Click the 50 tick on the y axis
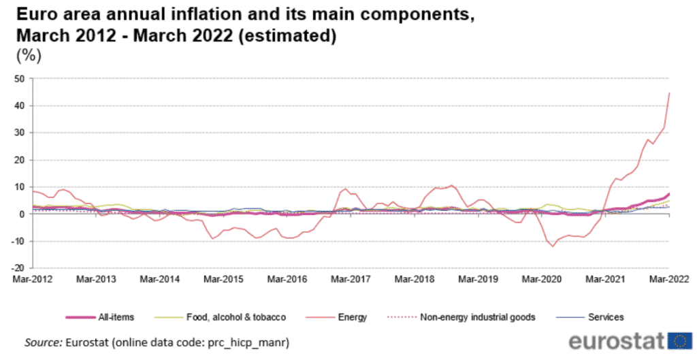point(20,79)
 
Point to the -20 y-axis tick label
point(18,269)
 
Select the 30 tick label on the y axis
point(20,133)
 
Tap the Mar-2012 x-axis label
point(32,279)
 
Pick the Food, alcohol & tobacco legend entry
point(236,317)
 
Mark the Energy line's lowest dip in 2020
point(553,246)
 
